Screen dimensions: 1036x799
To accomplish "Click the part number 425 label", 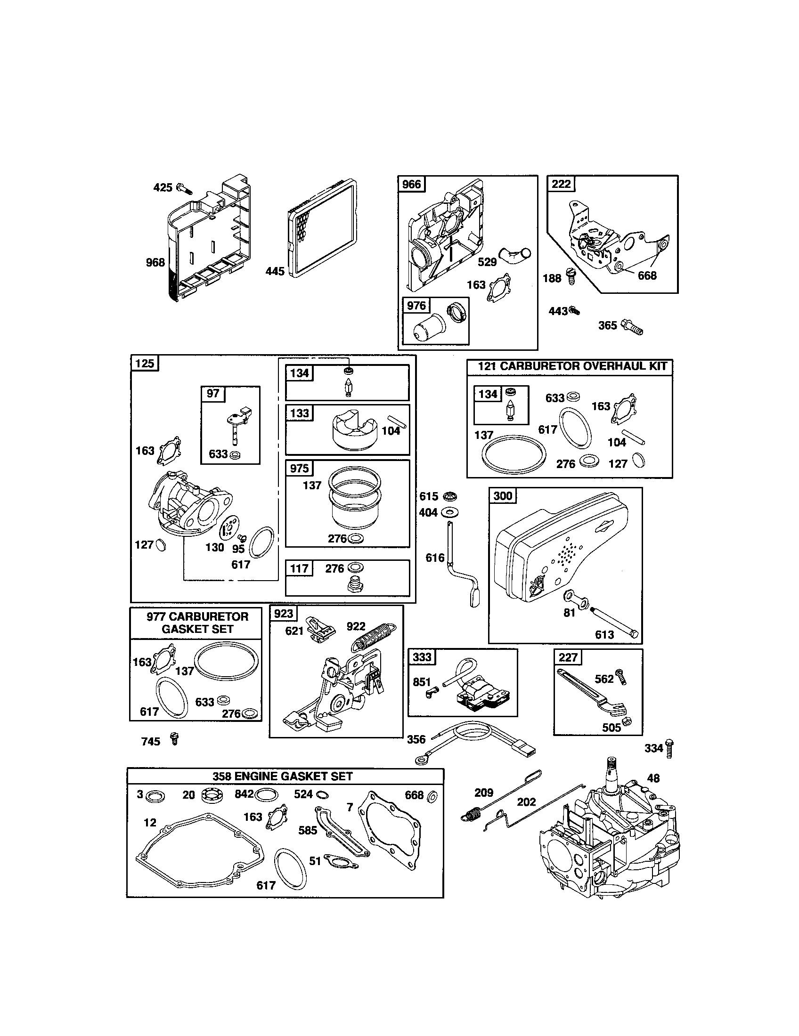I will [x=162, y=187].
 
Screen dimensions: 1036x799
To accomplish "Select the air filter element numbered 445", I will [x=323, y=228].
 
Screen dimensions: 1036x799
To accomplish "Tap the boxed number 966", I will [x=411, y=184].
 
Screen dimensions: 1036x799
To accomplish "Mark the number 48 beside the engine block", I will [x=653, y=778].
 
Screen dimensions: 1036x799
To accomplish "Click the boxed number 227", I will [x=568, y=657].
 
